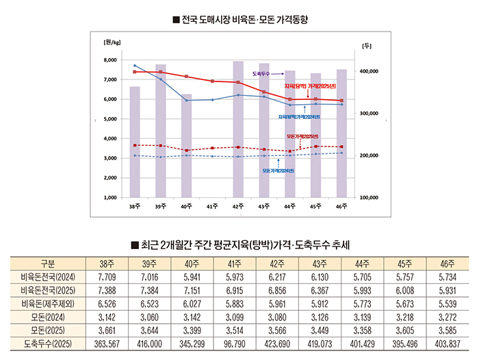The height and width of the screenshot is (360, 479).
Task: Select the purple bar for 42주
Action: pyautogui.click(x=237, y=130)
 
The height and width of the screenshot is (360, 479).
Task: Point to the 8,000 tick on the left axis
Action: pyautogui.click(x=109, y=60)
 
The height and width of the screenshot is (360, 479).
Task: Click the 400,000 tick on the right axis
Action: pyautogui.click(x=370, y=71)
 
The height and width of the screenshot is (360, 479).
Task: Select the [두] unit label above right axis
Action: pyautogui.click(x=366, y=45)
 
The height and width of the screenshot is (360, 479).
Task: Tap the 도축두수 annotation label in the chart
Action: pyautogui.click(x=261, y=72)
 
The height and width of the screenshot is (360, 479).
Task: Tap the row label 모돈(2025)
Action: pyautogui.click(x=48, y=330)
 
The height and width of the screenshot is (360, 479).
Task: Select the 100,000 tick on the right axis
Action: pyautogui.click(x=370, y=197)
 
